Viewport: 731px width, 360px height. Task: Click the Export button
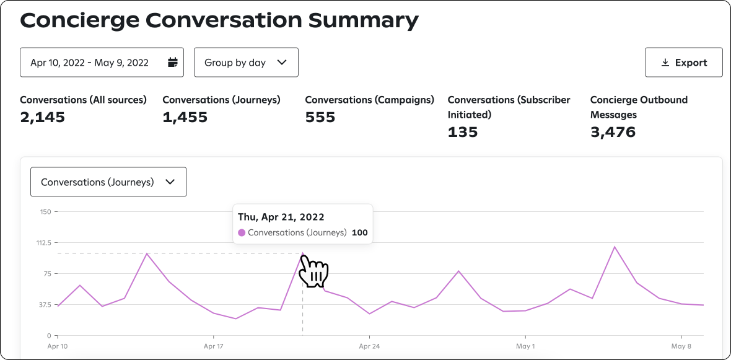tap(683, 63)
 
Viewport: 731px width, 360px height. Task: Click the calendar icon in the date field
tap(173, 63)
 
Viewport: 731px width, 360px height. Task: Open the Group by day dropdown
tap(246, 63)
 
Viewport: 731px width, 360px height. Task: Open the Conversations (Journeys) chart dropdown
tap(108, 182)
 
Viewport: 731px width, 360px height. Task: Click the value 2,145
tap(42, 117)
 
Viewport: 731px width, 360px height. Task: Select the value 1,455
tap(185, 117)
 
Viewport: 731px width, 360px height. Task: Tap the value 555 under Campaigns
tap(320, 117)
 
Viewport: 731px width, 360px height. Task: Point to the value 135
tap(463, 132)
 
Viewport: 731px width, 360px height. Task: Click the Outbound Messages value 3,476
tap(613, 132)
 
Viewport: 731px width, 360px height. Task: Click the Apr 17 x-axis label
tap(213, 346)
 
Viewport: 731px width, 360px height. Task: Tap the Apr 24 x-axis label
tap(369, 346)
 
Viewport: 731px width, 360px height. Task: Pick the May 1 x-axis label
tap(525, 346)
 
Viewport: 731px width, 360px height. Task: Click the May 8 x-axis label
tap(681, 346)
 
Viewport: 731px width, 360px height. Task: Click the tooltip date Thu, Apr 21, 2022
tap(281, 217)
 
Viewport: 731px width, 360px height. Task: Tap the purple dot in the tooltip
tap(242, 233)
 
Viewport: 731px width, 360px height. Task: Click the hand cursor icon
tap(313, 271)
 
